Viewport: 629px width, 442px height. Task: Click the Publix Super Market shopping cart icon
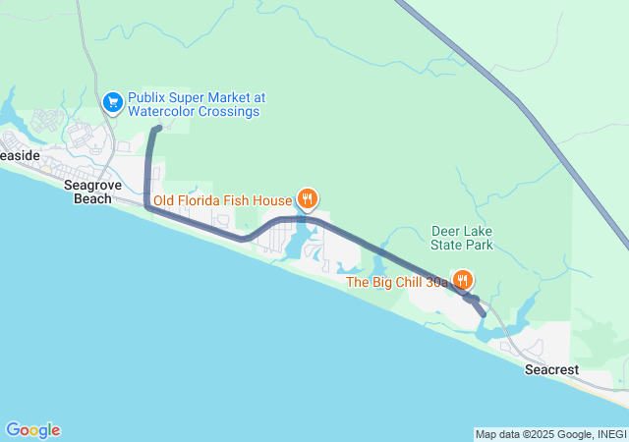coord(112,100)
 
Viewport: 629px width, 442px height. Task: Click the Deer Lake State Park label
coord(462,238)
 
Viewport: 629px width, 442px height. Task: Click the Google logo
coord(32,430)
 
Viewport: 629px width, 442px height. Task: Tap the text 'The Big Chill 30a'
coord(397,282)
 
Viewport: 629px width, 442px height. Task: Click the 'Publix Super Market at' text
coord(197,98)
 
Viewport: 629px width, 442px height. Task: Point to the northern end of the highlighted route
coord(157,128)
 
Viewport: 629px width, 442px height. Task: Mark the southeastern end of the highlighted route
coord(482,313)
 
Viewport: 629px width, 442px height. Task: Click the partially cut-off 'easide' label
coord(20,155)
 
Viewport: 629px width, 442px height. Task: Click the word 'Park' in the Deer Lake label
coord(477,245)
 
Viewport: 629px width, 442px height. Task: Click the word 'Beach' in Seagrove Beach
coord(94,198)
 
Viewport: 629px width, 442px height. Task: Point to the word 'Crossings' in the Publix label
coord(229,112)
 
